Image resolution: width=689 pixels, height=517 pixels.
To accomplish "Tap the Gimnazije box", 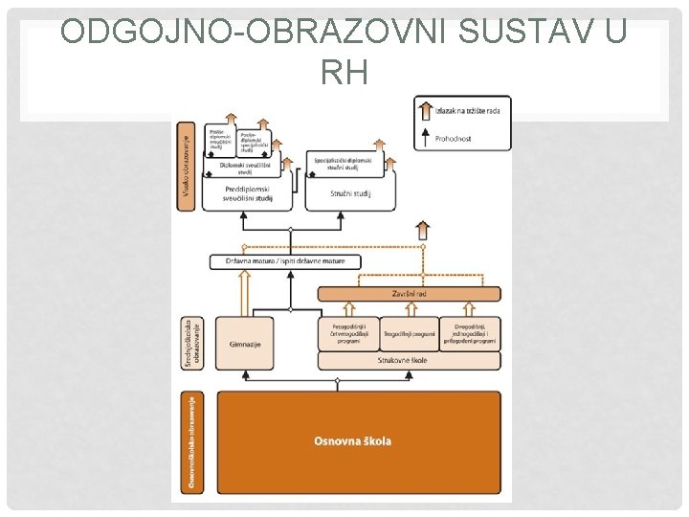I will point(246,344).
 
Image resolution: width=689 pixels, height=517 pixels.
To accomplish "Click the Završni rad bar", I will point(410,293).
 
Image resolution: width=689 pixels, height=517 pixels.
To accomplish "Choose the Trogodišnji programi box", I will point(410,333).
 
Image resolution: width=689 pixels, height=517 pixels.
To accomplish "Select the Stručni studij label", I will point(349,194).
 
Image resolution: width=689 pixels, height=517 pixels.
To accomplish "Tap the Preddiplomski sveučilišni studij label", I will point(247,194).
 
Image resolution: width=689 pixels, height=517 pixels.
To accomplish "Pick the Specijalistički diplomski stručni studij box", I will point(349,164).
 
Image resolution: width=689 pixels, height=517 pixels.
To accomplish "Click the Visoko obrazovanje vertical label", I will point(184,172).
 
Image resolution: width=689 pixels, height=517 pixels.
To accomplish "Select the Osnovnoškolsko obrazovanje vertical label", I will point(193,442).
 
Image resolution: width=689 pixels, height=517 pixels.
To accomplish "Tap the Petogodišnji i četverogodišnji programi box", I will point(347,333).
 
